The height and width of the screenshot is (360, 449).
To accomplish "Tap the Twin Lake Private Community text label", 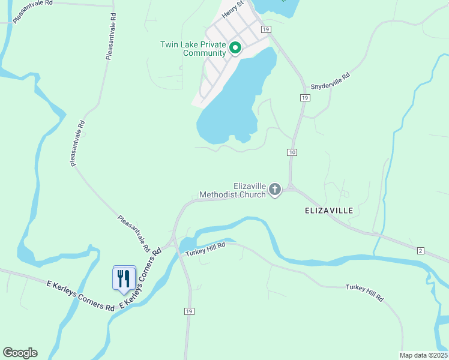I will click(x=193, y=49).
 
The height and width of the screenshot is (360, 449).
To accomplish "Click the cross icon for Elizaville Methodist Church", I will click(x=275, y=190).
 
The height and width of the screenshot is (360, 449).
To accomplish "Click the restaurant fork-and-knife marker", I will click(x=124, y=278).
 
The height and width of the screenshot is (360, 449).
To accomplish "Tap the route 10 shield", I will click(x=292, y=152).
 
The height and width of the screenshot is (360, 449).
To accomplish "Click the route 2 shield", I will click(x=421, y=250).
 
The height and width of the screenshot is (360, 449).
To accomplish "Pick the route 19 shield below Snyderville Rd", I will click(x=305, y=97).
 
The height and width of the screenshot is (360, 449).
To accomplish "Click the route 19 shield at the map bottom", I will click(x=189, y=311).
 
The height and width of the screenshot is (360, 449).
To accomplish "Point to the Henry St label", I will click(x=231, y=10).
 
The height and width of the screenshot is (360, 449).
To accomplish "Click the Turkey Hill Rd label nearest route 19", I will click(x=205, y=249).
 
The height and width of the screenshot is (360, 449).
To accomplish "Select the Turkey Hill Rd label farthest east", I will click(x=364, y=293).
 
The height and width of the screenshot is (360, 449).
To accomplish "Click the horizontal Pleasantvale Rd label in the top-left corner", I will click(x=33, y=11).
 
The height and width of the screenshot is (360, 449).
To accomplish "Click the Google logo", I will click(x=20, y=353).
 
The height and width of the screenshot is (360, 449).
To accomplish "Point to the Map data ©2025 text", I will click(x=423, y=355).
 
